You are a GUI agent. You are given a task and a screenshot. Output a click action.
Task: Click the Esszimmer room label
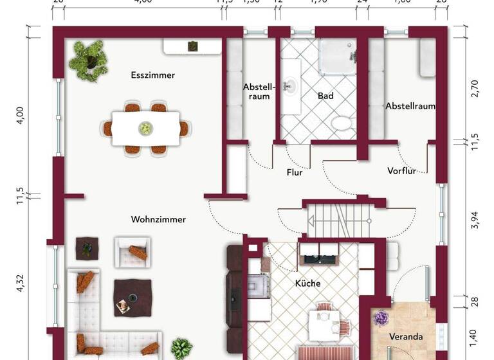(152, 75)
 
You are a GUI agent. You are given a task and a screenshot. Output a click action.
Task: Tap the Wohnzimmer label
(158, 219)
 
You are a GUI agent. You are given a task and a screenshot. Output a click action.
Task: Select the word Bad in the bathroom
(325, 96)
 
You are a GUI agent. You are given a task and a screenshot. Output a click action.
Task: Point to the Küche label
(307, 283)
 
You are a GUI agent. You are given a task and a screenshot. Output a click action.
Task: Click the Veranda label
(406, 336)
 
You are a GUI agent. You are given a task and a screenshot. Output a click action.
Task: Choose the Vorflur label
(402, 171)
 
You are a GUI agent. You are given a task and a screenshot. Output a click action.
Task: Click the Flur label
(294, 172)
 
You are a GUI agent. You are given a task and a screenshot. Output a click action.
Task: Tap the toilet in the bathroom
(339, 124)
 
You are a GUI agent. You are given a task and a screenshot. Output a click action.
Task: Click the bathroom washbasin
(291, 85)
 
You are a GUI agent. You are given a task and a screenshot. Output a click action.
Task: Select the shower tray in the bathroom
(338, 57)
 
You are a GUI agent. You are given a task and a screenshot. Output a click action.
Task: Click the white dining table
(146, 128)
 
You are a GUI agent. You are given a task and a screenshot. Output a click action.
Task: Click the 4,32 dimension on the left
(20, 283)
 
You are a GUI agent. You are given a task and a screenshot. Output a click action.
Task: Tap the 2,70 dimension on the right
(475, 88)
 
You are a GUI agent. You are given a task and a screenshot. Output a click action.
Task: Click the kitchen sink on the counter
(317, 259)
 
